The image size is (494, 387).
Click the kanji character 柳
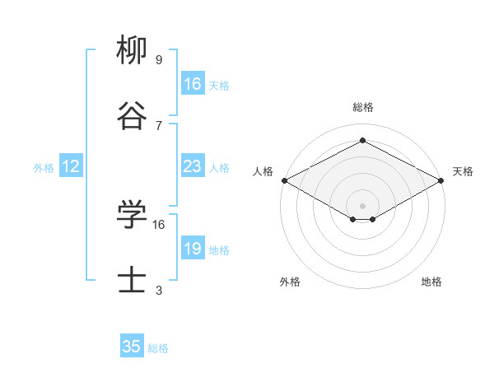tap(132, 51)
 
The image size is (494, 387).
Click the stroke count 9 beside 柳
tap(159, 60)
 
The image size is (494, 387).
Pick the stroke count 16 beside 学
tap(160, 224)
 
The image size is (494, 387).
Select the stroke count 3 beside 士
tap(159, 290)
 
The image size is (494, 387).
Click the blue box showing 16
tap(193, 84)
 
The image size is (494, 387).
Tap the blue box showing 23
tap(193, 166)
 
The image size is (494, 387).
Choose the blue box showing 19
tap(193, 249)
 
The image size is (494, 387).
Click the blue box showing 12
tap(71, 166)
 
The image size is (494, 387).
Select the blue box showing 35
tap(132, 347)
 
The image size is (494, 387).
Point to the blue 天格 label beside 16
tap(219, 85)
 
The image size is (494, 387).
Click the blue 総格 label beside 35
tap(158, 347)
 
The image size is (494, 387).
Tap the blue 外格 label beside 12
tap(44, 167)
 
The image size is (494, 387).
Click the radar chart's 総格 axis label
tap(362, 107)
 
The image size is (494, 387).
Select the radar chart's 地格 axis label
tap(431, 282)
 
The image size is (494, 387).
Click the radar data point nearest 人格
tap(284, 180)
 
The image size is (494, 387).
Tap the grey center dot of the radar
tap(362, 204)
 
